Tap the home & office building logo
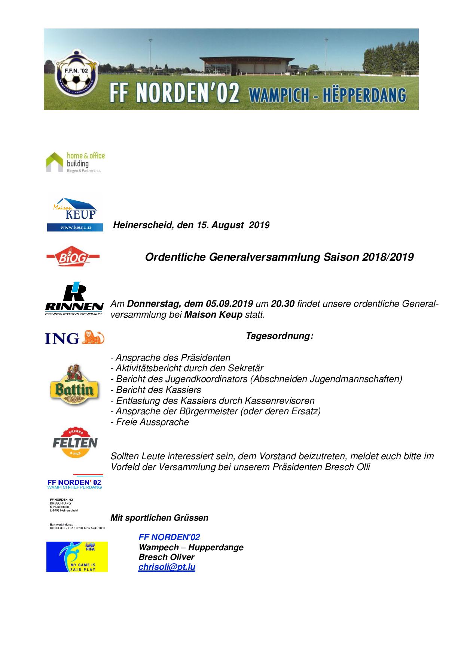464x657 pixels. click(x=75, y=162)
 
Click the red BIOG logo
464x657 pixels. click(x=73, y=257)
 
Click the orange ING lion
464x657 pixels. click(x=94, y=337)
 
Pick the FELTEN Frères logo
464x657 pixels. click(x=75, y=442)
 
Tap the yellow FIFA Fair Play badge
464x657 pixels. click(x=77, y=557)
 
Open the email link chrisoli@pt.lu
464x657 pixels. click(x=167, y=567)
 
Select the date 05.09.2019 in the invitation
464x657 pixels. click(x=229, y=304)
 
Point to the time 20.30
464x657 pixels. click(x=283, y=304)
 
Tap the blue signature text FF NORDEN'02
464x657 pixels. click(x=169, y=537)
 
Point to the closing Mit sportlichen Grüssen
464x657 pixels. click(x=159, y=518)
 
